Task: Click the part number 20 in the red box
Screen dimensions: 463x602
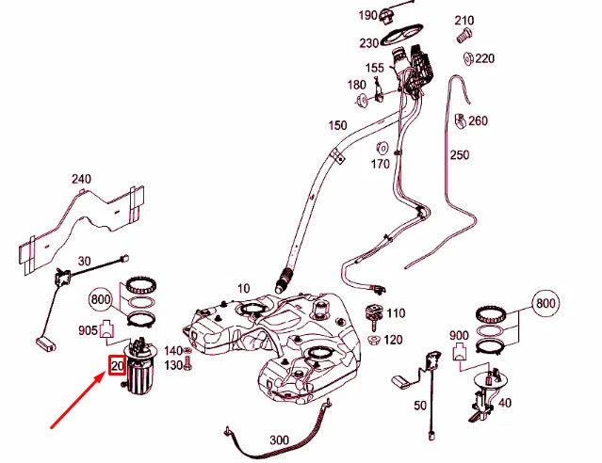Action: (118, 365)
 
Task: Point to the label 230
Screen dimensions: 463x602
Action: (368, 42)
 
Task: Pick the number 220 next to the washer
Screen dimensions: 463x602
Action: (484, 58)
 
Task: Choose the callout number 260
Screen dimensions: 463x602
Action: (478, 120)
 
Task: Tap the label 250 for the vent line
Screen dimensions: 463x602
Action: (460, 154)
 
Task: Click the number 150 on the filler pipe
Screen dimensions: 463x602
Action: (336, 125)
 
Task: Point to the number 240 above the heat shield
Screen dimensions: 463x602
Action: (81, 178)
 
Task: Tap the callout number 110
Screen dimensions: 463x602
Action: (395, 313)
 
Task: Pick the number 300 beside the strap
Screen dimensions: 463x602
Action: (279, 439)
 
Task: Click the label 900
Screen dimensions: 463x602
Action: (459, 336)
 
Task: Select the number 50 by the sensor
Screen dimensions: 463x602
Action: (420, 405)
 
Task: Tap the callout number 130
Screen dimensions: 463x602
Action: (174, 364)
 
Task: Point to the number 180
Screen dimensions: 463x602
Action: (356, 85)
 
